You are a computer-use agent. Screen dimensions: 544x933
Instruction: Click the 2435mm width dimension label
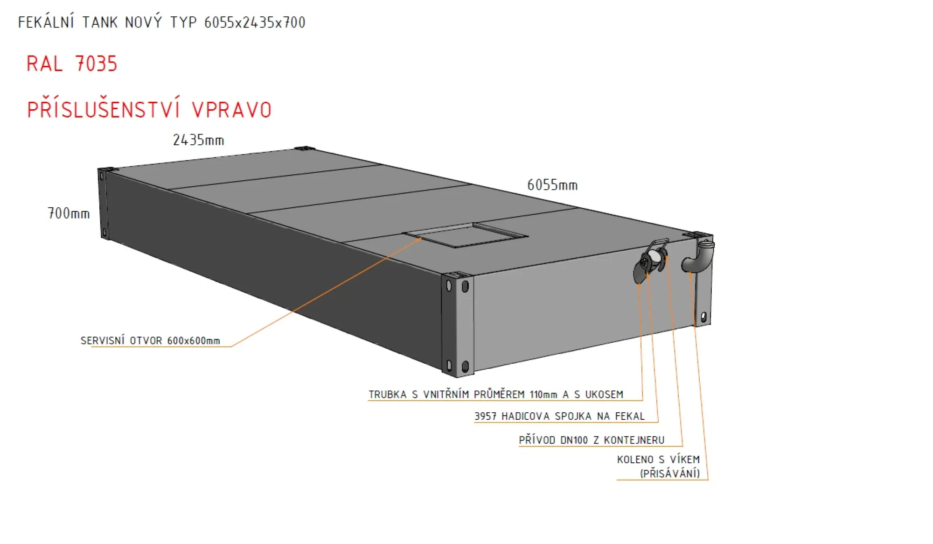click(198, 140)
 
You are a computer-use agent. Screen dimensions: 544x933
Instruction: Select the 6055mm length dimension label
click(552, 185)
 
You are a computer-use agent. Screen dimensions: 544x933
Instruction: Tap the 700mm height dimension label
click(69, 213)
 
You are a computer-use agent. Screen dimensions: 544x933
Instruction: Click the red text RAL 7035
click(72, 64)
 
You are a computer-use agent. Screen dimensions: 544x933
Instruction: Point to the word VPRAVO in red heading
click(231, 110)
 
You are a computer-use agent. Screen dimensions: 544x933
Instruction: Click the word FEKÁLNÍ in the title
click(46, 22)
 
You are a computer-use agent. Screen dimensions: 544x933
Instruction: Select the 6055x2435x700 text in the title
click(255, 22)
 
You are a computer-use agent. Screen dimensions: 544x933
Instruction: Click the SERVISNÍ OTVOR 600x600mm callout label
click(150, 341)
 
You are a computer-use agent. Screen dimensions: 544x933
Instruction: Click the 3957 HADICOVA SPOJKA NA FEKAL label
click(559, 416)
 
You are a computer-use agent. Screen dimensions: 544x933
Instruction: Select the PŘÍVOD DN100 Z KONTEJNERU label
click(592, 440)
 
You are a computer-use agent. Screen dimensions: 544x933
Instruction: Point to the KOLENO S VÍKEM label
click(658, 459)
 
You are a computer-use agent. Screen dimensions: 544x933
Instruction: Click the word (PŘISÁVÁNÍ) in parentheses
click(670, 473)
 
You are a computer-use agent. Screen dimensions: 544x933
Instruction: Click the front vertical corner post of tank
click(458, 325)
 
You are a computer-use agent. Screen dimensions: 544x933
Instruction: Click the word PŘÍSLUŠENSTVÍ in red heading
click(104, 110)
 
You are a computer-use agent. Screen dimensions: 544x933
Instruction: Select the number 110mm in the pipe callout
click(543, 395)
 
